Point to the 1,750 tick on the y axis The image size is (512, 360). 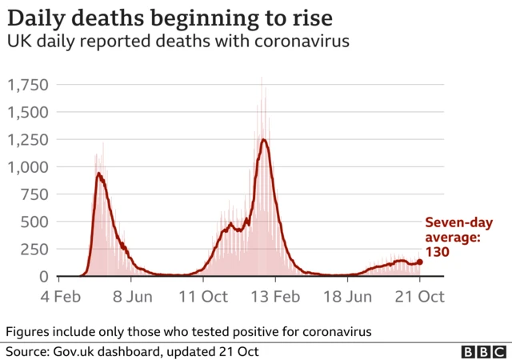pyautogui.click(x=28, y=85)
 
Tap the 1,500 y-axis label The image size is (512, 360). pyautogui.click(x=28, y=112)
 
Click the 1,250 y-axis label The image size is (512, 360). pyautogui.click(x=28, y=139)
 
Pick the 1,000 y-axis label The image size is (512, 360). pyautogui.click(x=28, y=167)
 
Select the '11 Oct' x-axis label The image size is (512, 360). pyautogui.click(x=202, y=296)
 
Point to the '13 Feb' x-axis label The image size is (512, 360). pyautogui.click(x=275, y=296)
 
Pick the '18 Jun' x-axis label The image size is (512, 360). pyautogui.click(x=347, y=296)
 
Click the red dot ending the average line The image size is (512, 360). pyautogui.click(x=419, y=262)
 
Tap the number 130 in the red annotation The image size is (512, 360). pyautogui.click(x=437, y=251)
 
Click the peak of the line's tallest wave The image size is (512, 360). pyautogui.click(x=263, y=140)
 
